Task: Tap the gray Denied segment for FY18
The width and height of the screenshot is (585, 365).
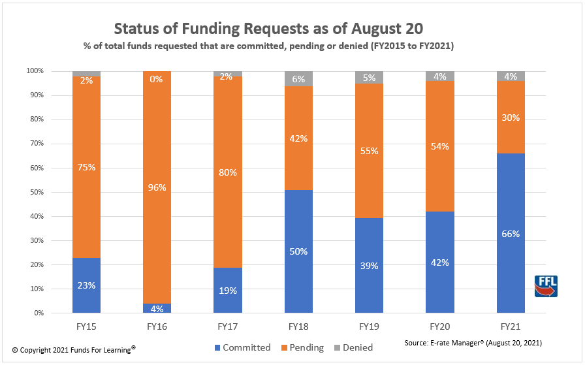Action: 298,78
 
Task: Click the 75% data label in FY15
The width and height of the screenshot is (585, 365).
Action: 86,167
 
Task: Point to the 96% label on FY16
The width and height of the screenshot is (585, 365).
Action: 157,187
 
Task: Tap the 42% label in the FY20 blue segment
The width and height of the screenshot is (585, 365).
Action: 439,262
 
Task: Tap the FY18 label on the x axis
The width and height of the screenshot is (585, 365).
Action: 298,325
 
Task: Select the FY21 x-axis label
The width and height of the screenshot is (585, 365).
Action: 510,325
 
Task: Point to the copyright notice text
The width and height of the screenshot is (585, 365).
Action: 73,350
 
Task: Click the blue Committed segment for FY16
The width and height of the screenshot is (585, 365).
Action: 157,308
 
